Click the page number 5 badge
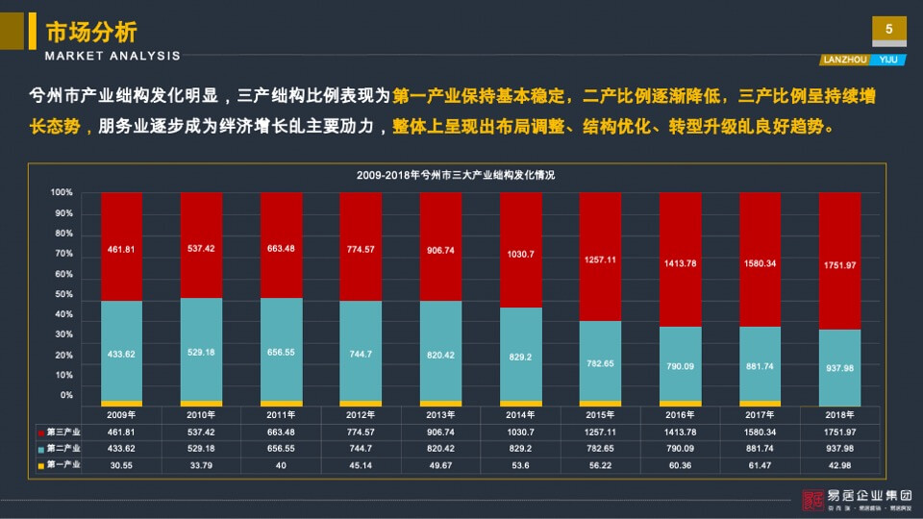click(888, 30)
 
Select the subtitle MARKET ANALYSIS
click(112, 56)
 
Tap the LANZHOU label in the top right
click(843, 59)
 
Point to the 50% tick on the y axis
click(63, 294)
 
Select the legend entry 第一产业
click(62, 465)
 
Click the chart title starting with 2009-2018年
click(455, 176)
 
